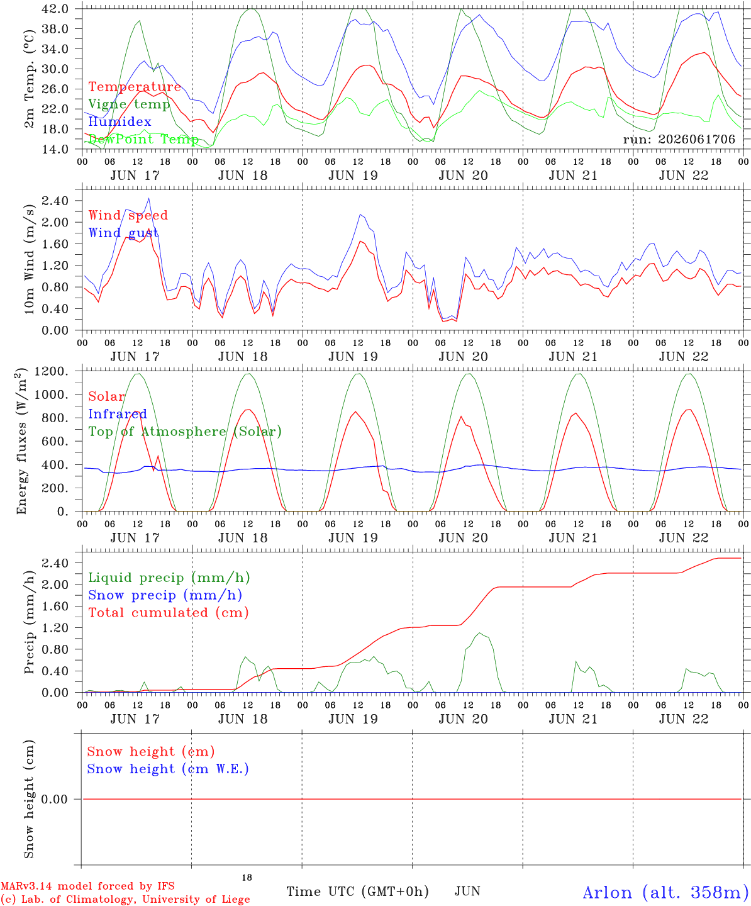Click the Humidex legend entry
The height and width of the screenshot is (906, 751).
click(120, 121)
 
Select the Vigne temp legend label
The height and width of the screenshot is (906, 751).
click(130, 104)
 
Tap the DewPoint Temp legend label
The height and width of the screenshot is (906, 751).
click(143, 139)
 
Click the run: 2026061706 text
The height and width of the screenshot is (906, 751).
click(679, 139)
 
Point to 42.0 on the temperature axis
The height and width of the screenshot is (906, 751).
click(55, 9)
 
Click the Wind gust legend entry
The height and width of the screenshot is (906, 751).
click(123, 233)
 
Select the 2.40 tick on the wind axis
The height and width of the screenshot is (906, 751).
click(55, 201)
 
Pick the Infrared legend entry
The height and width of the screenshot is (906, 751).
click(118, 414)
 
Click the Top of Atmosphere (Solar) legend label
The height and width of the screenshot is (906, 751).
click(185, 432)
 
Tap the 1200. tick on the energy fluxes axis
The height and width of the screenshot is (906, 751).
click(52, 371)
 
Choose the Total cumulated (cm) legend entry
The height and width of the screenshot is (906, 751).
click(169, 612)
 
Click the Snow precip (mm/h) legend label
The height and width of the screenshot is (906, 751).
click(165, 595)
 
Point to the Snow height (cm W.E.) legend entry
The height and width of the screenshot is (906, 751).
click(168, 768)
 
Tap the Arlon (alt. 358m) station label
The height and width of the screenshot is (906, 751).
click(662, 892)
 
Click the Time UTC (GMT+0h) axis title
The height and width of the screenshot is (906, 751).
click(357, 892)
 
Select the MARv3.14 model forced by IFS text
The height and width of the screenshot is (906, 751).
click(87, 886)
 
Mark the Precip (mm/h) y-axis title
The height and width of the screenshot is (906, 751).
click(29, 622)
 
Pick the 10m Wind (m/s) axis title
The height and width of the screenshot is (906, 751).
click(29, 259)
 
